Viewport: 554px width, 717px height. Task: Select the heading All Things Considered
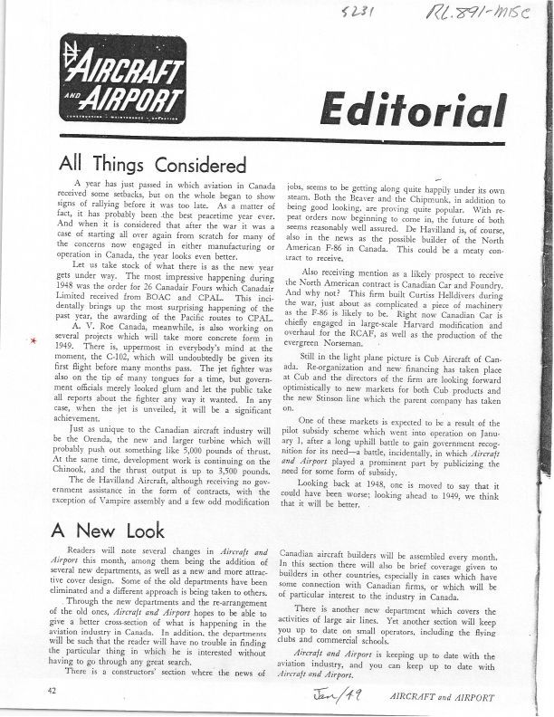point(152,166)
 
